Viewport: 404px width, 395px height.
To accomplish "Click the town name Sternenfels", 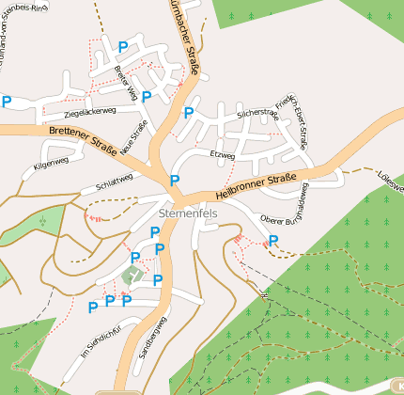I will coord(188,213).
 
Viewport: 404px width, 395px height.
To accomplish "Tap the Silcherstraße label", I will coord(257,113).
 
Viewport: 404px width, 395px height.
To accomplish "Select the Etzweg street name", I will coord(223,154).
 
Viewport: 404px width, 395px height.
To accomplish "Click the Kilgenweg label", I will coord(51,163).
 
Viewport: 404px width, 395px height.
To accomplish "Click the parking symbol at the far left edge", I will coord(7,102).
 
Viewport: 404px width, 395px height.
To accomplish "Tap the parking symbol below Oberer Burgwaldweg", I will coord(273,241).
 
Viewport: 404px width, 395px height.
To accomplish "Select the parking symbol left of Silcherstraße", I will coord(188,113).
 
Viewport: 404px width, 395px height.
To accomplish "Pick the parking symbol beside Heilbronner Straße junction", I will coord(174,180).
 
